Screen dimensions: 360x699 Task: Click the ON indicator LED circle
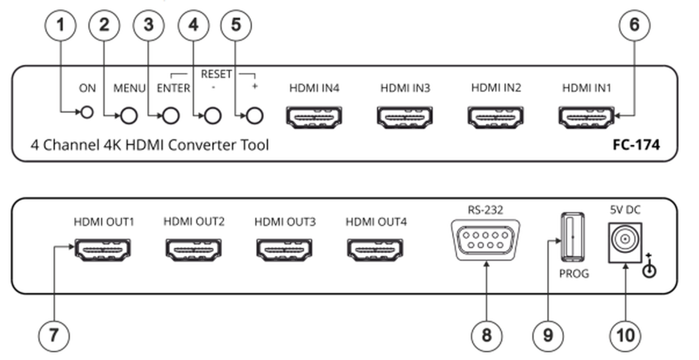point(87,112)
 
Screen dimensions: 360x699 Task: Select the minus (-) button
point(213,116)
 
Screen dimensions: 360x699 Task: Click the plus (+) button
point(253,116)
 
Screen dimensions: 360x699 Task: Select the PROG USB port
point(572,238)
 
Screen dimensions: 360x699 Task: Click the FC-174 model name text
point(636,146)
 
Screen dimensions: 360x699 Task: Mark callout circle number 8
point(486,336)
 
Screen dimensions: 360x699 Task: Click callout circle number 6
point(634,25)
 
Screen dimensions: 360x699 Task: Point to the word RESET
point(216,74)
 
